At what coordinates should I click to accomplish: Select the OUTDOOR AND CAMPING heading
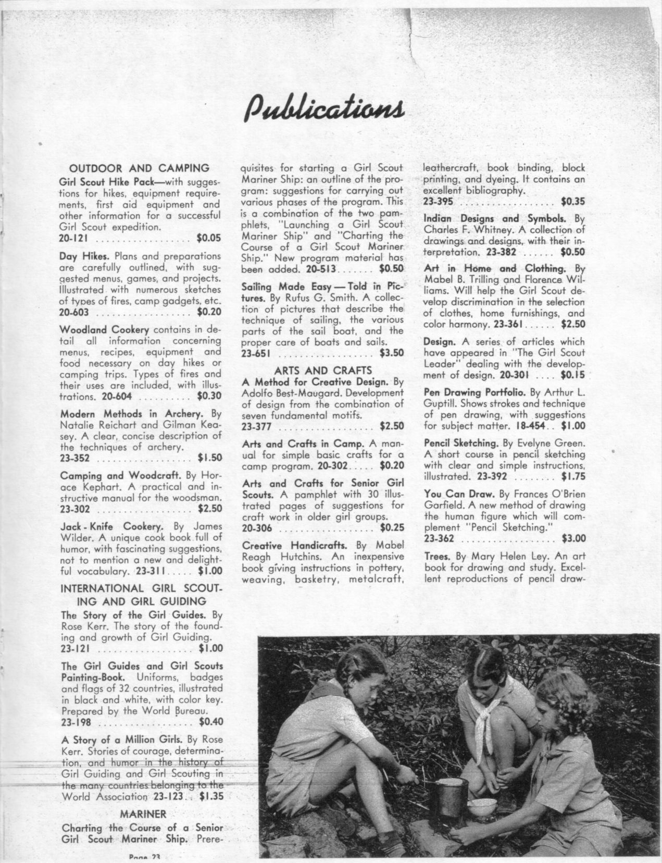point(140,168)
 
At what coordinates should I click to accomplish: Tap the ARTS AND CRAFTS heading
point(322,371)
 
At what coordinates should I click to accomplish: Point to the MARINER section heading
point(143,813)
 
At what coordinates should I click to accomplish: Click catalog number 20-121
point(75,239)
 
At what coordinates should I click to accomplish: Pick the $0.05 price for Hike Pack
point(209,239)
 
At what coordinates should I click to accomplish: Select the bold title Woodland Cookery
point(105,330)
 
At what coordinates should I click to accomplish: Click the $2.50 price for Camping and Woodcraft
point(209,509)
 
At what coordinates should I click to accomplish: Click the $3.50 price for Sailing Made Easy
point(392,353)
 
